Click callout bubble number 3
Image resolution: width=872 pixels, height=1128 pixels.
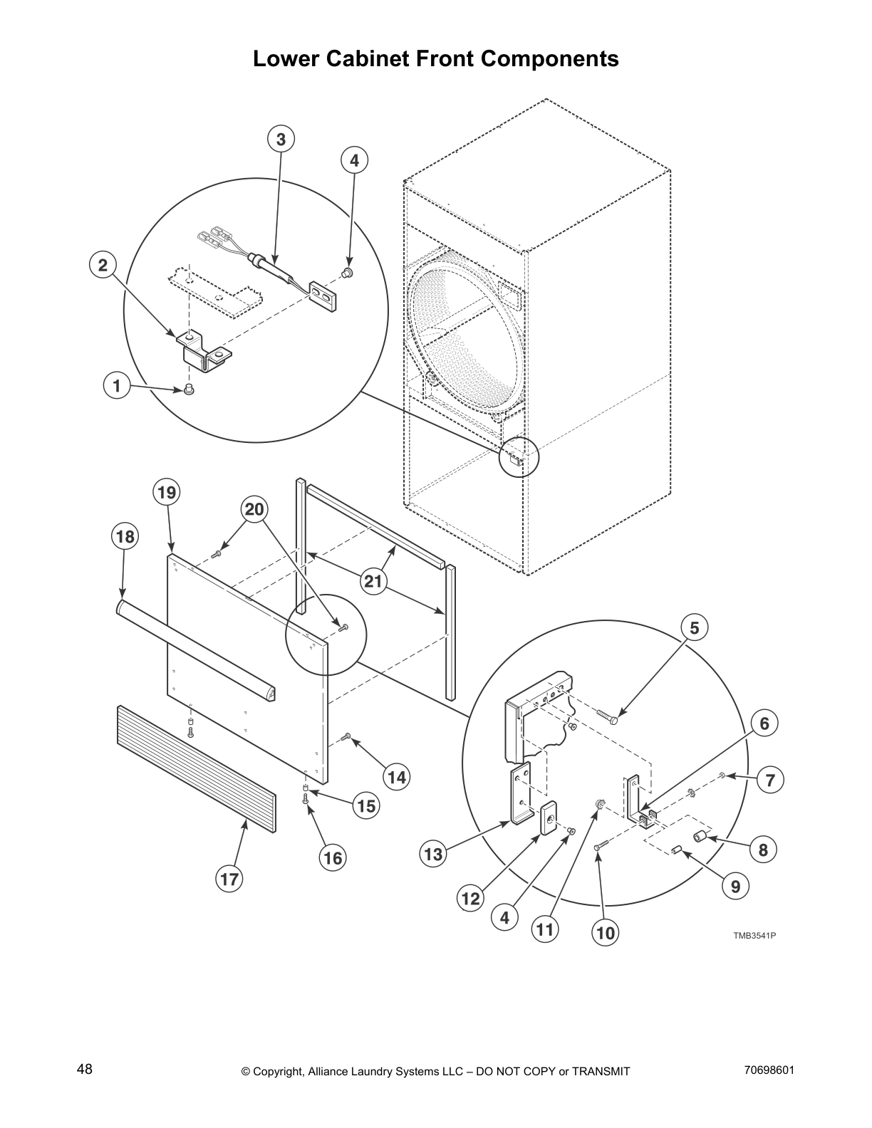pyautogui.click(x=281, y=140)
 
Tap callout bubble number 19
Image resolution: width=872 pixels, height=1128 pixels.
pyautogui.click(x=167, y=492)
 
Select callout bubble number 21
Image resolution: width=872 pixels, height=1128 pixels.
pyautogui.click(x=373, y=582)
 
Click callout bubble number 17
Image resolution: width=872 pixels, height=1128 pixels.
pyautogui.click(x=229, y=879)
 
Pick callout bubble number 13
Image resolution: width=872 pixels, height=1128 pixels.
pyautogui.click(x=434, y=854)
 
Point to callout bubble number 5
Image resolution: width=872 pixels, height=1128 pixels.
pyautogui.click(x=695, y=627)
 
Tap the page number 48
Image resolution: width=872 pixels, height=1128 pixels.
pyautogui.click(x=85, y=1069)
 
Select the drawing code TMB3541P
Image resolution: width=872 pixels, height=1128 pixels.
pyautogui.click(x=754, y=935)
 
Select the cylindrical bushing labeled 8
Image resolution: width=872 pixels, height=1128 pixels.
pyautogui.click(x=701, y=836)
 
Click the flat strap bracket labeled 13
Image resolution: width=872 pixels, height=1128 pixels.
pyautogui.click(x=521, y=794)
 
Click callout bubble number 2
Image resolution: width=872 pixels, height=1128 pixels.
pyautogui.click(x=103, y=266)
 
